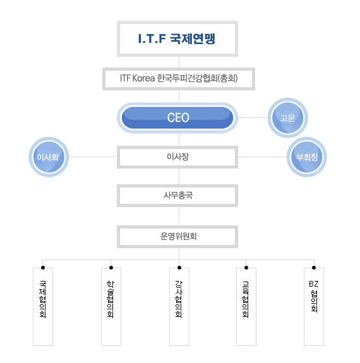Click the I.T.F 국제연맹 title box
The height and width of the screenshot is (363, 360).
(x=177, y=39)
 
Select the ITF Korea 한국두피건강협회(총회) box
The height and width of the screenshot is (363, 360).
(x=179, y=79)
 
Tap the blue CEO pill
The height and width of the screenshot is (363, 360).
(x=177, y=117)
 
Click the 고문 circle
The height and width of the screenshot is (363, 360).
(x=288, y=118)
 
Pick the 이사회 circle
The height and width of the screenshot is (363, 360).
(x=49, y=157)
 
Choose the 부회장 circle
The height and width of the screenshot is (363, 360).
(x=307, y=157)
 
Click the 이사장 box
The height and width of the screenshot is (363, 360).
(x=177, y=157)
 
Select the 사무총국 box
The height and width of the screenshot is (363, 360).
(x=177, y=196)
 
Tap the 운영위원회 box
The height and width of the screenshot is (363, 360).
(x=177, y=237)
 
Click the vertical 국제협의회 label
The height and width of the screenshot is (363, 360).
(x=43, y=299)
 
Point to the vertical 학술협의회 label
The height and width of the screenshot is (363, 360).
(x=111, y=299)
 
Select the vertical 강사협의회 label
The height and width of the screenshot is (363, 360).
(x=179, y=299)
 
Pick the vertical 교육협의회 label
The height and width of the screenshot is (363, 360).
(x=246, y=299)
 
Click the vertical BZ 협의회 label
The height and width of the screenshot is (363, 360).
(x=314, y=297)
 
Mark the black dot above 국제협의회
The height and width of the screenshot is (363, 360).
(x=43, y=268)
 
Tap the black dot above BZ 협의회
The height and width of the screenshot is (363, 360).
(x=314, y=268)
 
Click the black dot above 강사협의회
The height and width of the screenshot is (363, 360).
(x=179, y=268)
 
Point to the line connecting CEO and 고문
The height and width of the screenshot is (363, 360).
(x=253, y=117)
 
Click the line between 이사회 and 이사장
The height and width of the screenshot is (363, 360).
(x=93, y=157)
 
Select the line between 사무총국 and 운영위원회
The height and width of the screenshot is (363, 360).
(x=179, y=217)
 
